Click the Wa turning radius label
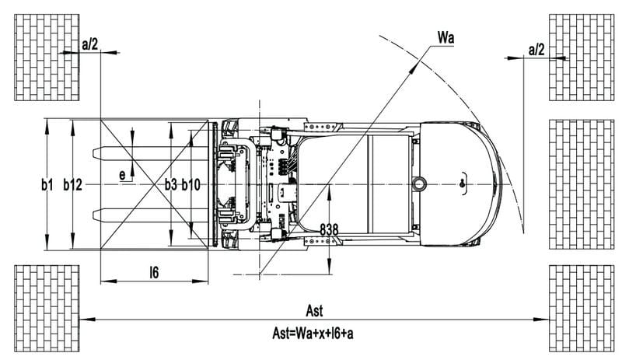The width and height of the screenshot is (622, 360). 446,37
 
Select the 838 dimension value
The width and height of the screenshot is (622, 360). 329,229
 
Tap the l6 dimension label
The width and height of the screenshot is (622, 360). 154,272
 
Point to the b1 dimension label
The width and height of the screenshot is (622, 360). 47,184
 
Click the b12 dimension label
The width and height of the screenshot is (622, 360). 72,184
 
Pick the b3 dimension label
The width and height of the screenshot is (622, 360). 171,184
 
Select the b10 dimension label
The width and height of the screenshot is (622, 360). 190,184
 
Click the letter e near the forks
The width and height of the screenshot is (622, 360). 122,175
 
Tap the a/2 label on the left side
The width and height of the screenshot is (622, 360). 89,44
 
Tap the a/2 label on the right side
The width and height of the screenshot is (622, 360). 536,50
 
